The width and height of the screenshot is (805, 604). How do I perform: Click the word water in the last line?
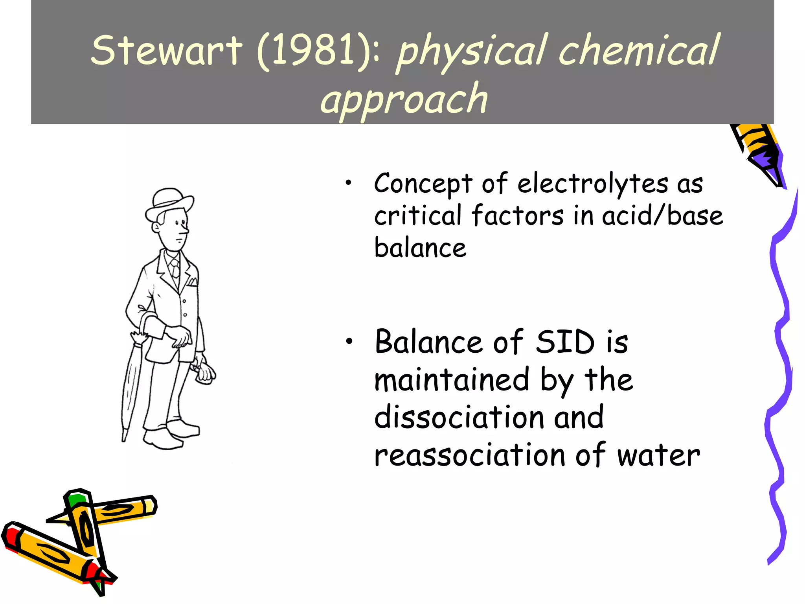pyautogui.click(x=658, y=456)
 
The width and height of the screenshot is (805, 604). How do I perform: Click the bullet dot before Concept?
pyautogui.click(x=348, y=182)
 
